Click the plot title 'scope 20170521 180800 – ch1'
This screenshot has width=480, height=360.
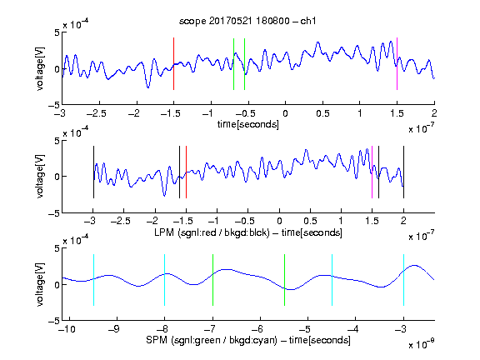[x=247, y=21]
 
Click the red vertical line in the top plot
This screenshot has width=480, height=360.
[x=173, y=63]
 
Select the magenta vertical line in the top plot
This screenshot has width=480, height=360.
[x=397, y=63]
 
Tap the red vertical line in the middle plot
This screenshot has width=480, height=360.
[x=186, y=172]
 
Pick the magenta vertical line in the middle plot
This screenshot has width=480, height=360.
[x=372, y=172]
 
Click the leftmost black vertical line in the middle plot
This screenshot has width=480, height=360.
[x=93, y=172]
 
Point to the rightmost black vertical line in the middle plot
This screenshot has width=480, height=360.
[x=403, y=172]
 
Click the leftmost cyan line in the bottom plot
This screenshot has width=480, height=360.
[x=93, y=280]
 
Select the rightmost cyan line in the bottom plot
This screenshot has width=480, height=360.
[x=403, y=280]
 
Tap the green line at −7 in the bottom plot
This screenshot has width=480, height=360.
[x=212, y=280]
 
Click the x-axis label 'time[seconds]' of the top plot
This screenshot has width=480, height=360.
[x=248, y=124]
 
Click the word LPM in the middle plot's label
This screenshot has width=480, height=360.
[x=164, y=232]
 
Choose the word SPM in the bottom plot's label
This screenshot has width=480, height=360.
[x=157, y=340]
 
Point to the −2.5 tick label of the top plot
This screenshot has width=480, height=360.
[x=97, y=113]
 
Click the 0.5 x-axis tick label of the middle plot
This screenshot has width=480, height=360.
[x=310, y=221]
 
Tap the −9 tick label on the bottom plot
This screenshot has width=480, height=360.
[x=114, y=329]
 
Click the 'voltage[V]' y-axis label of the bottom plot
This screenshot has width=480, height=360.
[x=40, y=284]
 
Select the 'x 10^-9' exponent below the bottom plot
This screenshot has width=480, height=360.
[x=422, y=343]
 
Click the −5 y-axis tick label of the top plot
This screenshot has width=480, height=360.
[x=54, y=105]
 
